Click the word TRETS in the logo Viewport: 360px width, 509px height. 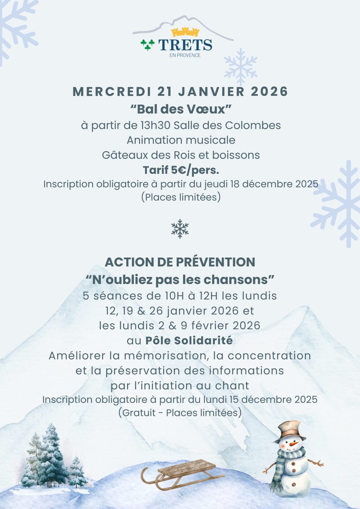point(185,45)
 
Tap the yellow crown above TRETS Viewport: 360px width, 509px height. point(185,32)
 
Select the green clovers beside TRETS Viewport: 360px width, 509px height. point(148,45)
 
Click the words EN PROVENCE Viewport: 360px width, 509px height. point(185,55)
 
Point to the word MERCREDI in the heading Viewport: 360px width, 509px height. point(112,92)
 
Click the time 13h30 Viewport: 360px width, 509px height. point(155,125)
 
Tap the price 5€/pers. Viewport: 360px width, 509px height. point(195,170)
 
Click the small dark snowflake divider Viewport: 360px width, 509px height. point(180,229)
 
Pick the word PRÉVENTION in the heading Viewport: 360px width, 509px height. point(215,262)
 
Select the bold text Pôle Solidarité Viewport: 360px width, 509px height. point(189,341)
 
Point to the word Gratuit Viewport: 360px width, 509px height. point(139,413)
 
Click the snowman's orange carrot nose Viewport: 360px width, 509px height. point(294,443)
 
